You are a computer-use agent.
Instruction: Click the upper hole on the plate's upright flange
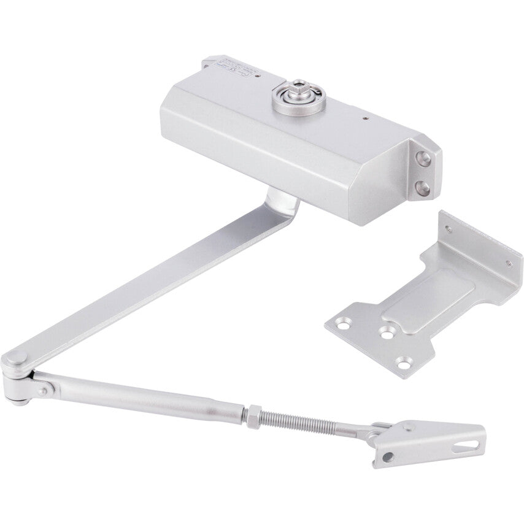pyautogui.click(x=450, y=229)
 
